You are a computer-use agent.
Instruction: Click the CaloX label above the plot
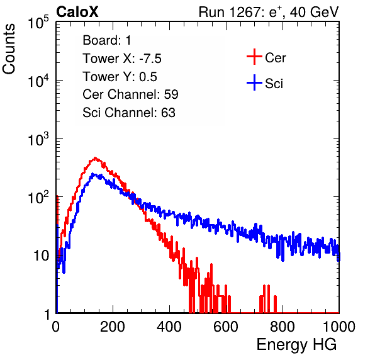[77, 12]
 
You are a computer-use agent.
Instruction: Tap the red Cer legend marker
[254, 57]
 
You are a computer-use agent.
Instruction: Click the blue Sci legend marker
[254, 82]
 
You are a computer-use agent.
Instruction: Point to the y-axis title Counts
[9, 49]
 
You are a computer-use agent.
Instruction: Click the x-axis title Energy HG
[296, 345]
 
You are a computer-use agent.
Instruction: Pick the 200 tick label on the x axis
[113, 327]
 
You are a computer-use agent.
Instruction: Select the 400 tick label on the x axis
[169, 327]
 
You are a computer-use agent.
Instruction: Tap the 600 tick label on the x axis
[226, 327]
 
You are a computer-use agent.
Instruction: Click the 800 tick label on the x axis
[283, 327]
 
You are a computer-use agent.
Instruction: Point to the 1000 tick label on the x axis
[339, 327]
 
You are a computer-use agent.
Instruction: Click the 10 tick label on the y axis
[42, 256]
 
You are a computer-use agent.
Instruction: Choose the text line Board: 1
[107, 40]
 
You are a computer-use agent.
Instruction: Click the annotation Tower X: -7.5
[122, 59]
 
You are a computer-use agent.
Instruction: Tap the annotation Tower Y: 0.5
[120, 77]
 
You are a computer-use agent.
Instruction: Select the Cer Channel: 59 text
[130, 94]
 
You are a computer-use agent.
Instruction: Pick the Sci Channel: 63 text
[129, 113]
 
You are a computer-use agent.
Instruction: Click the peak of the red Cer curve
[95, 158]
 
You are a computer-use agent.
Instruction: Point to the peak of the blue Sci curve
[93, 174]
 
